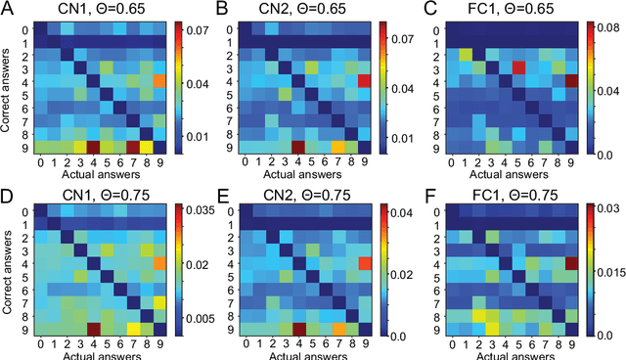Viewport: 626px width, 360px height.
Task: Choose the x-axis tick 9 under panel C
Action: pyautogui.click(x=572, y=162)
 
